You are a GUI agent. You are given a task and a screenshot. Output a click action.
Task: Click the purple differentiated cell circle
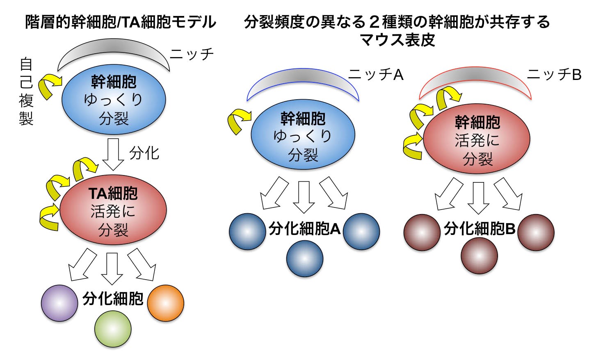(x=59, y=303)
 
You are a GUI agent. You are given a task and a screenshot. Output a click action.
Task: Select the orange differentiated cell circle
(x=165, y=303)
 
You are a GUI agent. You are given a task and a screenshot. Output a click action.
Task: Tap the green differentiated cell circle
(x=113, y=328)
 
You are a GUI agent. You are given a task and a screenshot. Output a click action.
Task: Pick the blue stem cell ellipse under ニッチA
(x=303, y=136)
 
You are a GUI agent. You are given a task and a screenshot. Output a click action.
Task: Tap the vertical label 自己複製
(x=26, y=92)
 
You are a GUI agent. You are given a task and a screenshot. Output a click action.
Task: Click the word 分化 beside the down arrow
(x=144, y=153)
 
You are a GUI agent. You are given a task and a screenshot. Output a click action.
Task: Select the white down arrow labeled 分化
(x=113, y=154)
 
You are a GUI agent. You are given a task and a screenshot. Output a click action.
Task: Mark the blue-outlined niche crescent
(x=303, y=84)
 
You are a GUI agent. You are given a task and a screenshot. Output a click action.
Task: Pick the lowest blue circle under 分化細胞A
(x=305, y=259)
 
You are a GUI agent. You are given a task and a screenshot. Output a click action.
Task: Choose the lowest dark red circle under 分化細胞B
(x=479, y=255)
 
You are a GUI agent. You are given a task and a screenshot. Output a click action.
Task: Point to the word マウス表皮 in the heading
(x=397, y=40)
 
